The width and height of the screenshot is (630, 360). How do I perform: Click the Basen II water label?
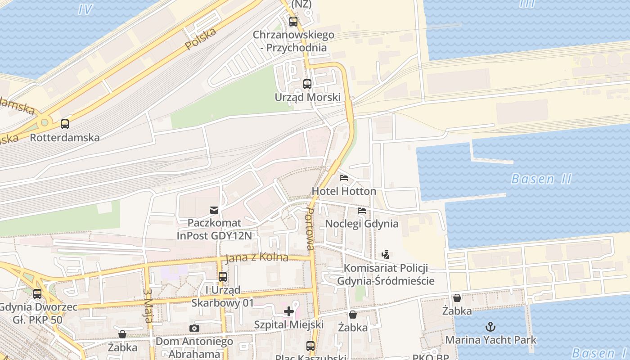tap(541, 179)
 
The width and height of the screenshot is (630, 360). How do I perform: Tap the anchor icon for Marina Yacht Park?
tap(490, 327)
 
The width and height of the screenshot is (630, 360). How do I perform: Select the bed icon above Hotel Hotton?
tap(344, 178)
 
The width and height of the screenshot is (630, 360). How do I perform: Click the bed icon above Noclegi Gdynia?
tap(361, 210)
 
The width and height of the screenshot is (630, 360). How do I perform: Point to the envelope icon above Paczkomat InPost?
tap(214, 210)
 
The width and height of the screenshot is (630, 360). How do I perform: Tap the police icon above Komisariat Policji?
tap(385, 255)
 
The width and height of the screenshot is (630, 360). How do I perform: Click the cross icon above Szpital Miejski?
tap(289, 311)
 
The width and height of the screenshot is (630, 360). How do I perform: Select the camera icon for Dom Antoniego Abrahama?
tap(194, 328)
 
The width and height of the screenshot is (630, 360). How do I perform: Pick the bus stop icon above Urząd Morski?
tap(307, 84)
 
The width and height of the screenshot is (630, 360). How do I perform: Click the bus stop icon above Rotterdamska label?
tap(65, 124)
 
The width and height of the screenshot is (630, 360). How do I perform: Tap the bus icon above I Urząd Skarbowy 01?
tap(222, 277)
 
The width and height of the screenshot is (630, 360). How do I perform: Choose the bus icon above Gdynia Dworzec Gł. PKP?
tap(37, 294)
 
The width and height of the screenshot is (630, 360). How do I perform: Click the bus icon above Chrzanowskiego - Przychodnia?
tap(293, 21)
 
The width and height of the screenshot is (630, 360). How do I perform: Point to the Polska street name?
tap(201, 39)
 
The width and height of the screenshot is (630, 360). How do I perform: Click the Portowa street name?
tap(310, 229)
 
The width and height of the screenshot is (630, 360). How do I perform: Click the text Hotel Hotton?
tap(344, 191)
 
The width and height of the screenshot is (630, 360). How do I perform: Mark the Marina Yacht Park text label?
tap(491, 340)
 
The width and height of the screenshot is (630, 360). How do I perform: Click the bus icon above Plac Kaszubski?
tap(310, 346)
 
